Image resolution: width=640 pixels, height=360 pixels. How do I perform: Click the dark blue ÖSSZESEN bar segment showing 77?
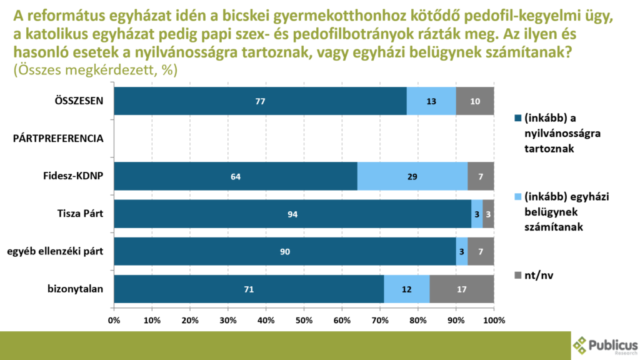point(260,101)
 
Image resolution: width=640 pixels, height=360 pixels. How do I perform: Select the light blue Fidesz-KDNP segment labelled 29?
point(412,176)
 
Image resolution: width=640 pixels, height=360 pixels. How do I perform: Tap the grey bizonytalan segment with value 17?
point(461,289)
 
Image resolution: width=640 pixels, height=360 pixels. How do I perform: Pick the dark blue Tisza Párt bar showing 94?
point(292,214)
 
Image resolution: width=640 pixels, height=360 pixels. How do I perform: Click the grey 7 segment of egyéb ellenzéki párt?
point(481,251)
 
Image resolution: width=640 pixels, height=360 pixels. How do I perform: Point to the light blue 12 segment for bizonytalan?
point(406,289)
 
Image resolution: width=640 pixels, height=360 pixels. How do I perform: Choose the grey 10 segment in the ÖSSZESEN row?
point(475,101)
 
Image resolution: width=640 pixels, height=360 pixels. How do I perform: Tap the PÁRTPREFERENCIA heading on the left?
point(58,139)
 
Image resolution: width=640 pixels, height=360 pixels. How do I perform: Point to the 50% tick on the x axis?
point(304,321)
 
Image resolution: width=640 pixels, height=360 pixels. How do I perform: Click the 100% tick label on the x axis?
point(494,321)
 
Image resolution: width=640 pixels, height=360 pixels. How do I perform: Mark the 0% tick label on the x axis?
point(114,321)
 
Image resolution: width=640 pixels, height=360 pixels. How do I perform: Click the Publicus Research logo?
point(605,345)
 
